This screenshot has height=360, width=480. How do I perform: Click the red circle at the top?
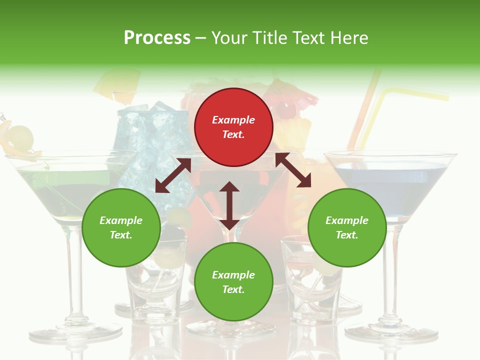pos(233,127)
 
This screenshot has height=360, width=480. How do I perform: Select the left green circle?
pos(121,227)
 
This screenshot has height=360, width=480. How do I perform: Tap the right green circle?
pos(347,227)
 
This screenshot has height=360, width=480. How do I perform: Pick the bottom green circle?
pos(233,282)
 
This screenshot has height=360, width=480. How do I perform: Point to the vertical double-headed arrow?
pos(229,205)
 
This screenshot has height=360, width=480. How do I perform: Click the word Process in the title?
pos(157,37)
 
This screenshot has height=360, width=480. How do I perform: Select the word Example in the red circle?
pos(233,120)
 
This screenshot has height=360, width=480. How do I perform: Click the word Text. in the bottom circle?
pos(233,289)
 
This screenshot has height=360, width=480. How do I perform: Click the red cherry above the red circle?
pos(285,109)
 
